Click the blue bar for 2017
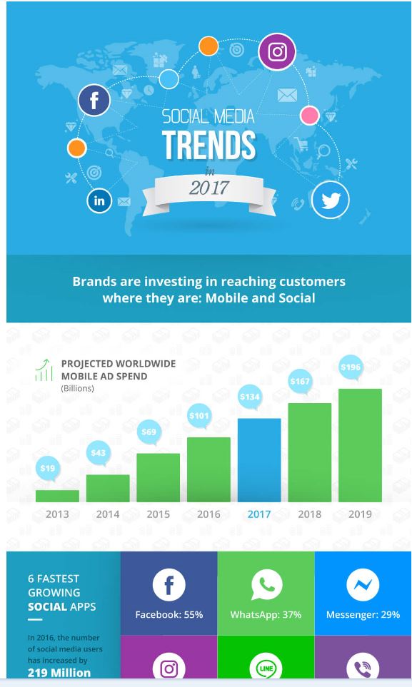[259, 460]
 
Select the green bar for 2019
[360, 445]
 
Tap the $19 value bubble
[47, 469]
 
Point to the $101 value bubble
[199, 416]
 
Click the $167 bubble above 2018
[300, 382]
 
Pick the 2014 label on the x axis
[108, 514]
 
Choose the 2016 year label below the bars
[208, 514]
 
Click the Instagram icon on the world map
[277, 51]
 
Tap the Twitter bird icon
[331, 200]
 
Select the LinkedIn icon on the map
[99, 200]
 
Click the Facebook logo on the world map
[94, 101]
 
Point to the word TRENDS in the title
[208, 145]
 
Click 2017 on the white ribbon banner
[208, 188]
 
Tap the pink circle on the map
[309, 116]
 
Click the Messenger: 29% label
[363, 615]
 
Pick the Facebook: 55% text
[169, 615]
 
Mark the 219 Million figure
[59, 673]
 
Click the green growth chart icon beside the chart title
[44, 370]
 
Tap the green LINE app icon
[266, 668]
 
